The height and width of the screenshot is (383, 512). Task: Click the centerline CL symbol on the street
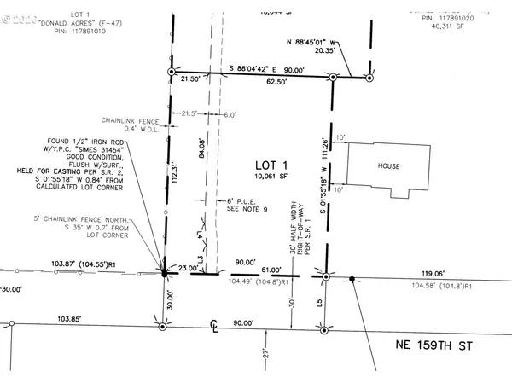[x=217, y=325]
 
